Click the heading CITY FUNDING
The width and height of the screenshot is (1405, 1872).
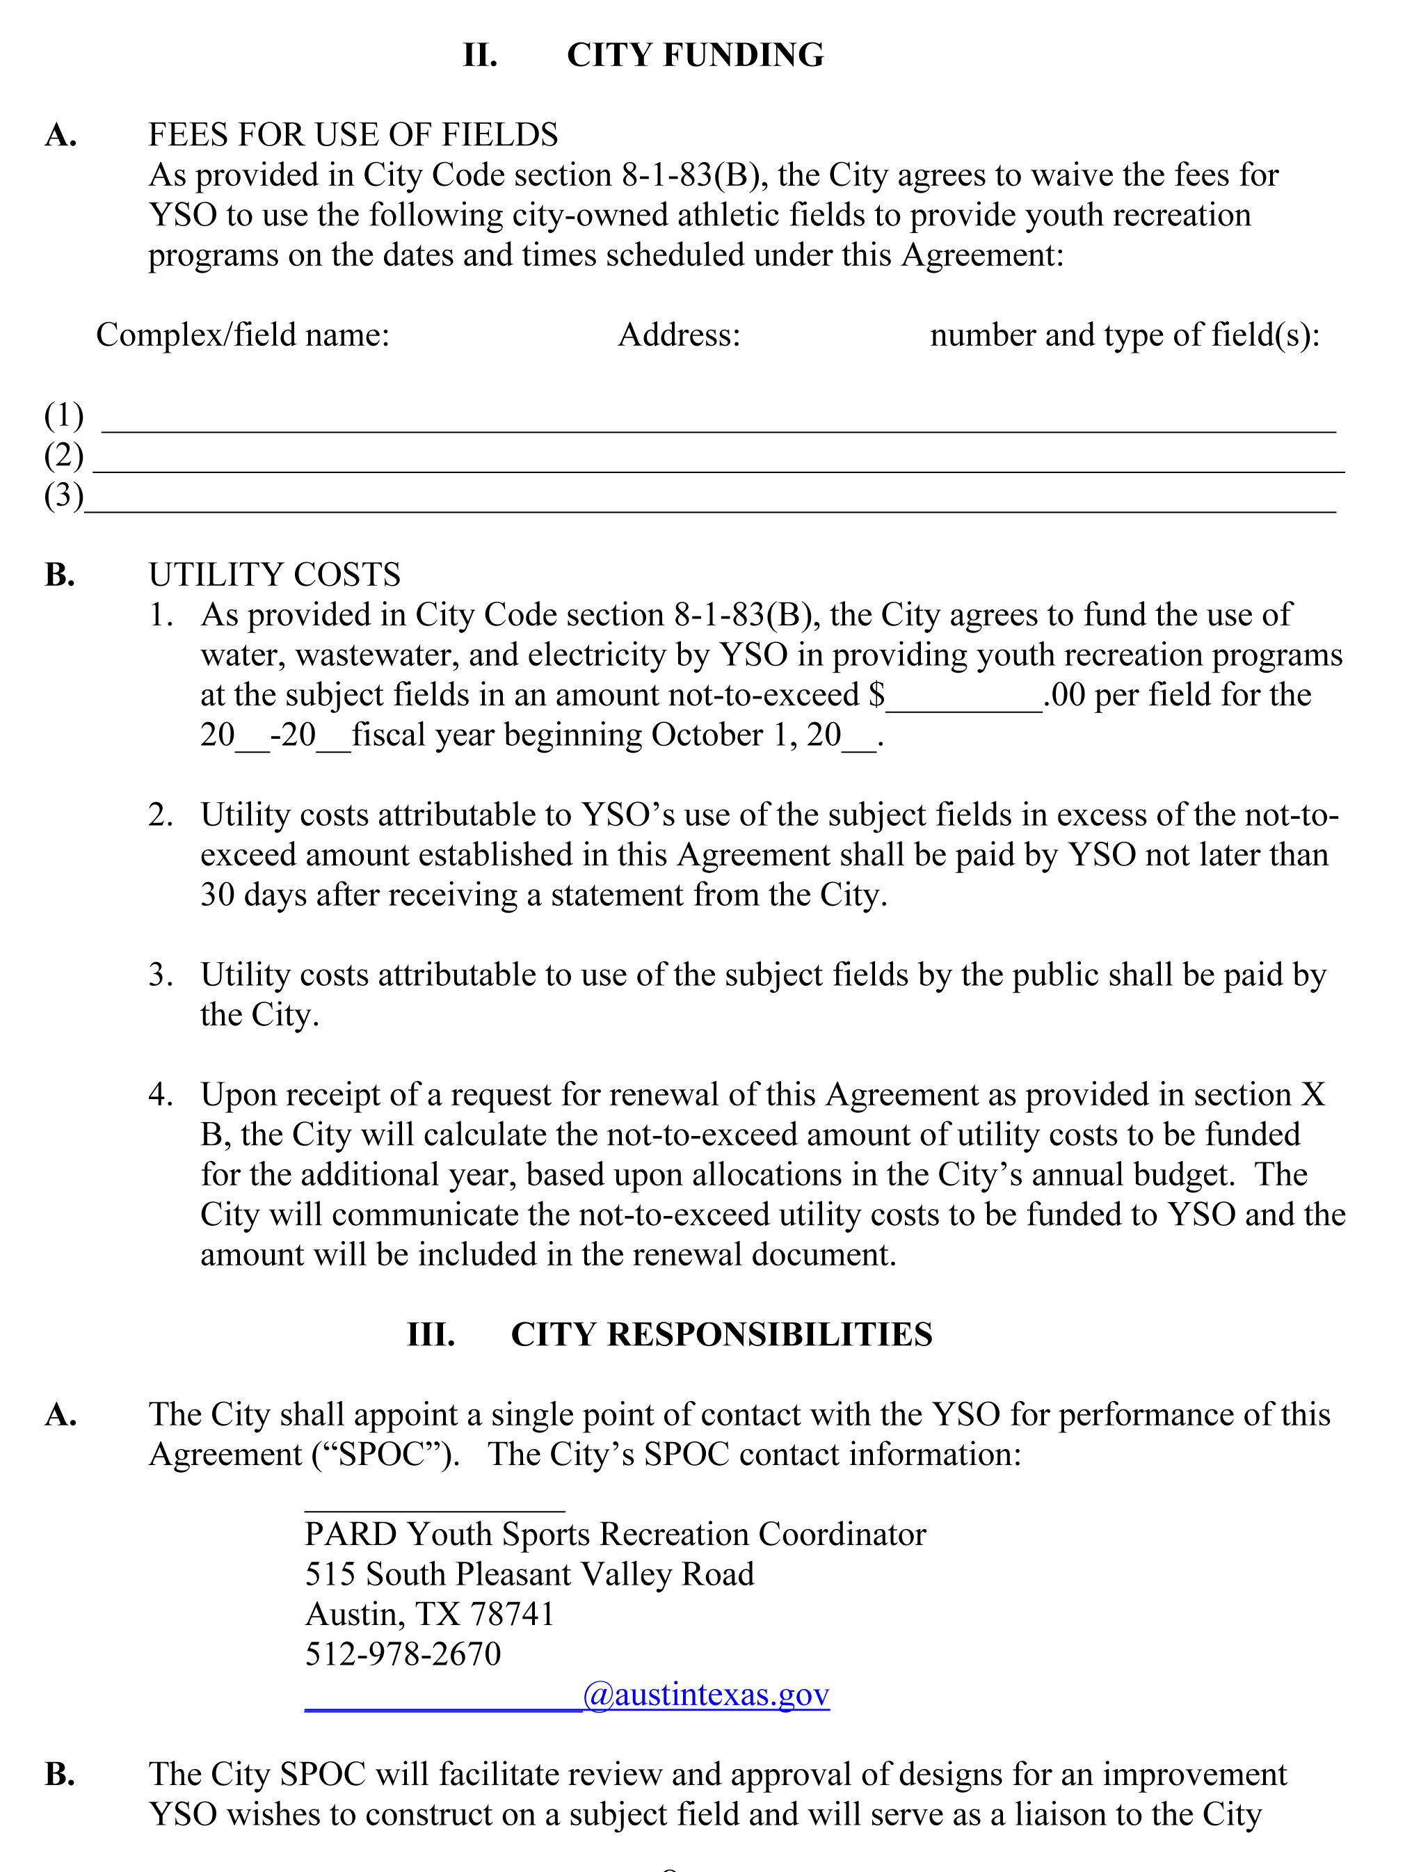(695, 55)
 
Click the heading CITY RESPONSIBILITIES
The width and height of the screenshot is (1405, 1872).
(721, 1334)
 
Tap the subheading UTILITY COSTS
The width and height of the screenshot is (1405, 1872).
(274, 575)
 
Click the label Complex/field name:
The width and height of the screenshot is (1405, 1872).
(243, 335)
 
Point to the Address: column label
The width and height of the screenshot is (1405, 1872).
(679, 335)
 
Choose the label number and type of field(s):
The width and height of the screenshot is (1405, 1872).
(1125, 335)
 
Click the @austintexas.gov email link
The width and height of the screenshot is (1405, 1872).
(706, 1695)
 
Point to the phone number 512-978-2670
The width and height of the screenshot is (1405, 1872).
(403, 1654)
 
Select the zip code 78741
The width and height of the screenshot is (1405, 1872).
(512, 1615)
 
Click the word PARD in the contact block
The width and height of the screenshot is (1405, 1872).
(351, 1535)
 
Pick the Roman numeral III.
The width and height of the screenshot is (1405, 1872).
(431, 1334)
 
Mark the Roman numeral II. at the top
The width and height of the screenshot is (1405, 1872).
(480, 55)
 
